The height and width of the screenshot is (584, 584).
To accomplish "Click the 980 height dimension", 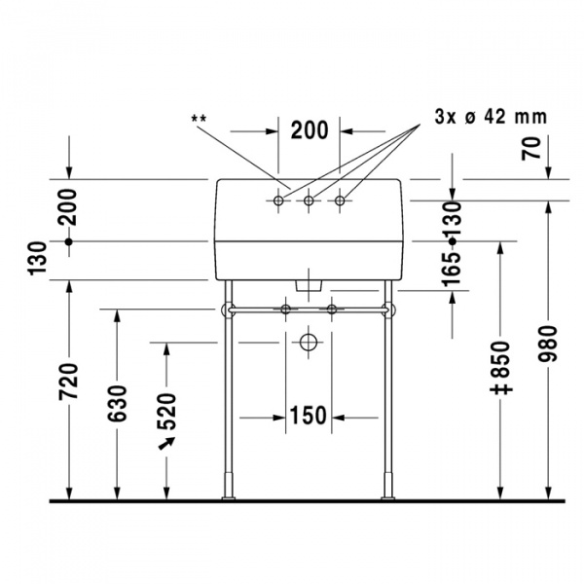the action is tap(548, 344).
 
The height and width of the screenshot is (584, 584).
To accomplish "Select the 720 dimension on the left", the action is tap(69, 382).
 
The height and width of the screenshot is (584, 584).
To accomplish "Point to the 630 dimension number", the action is tap(118, 404).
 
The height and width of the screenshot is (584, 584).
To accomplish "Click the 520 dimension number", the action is tap(166, 412).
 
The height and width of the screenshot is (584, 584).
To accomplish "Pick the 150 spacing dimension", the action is tap(308, 416).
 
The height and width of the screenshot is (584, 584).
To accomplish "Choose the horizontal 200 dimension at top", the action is tap(310, 130).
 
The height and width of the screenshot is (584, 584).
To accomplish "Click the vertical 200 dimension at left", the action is tap(67, 207).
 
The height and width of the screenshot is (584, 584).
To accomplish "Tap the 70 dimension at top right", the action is tap(531, 148).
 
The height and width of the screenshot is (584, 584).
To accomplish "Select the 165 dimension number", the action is tap(452, 270).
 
